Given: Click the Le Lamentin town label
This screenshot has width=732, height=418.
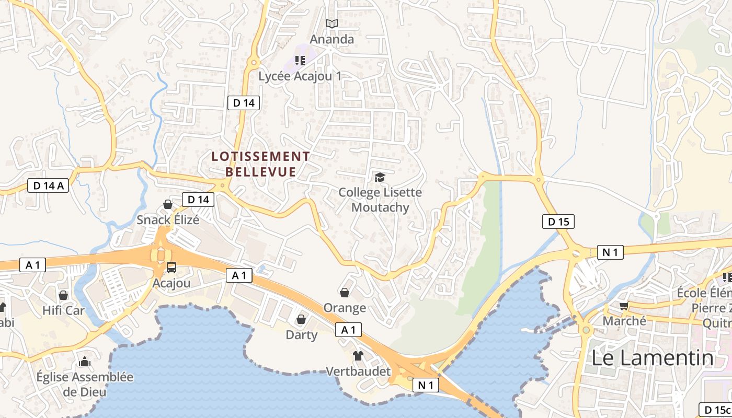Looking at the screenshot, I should click(x=652, y=358).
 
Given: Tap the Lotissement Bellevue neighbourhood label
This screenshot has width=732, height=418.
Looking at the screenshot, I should click(x=260, y=164).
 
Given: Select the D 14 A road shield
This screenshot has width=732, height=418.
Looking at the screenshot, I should click(x=48, y=185).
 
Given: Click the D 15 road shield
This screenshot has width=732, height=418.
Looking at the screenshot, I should click(x=558, y=222).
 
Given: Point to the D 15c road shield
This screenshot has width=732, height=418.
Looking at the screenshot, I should click(x=715, y=409).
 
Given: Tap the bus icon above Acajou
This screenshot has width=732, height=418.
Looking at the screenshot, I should click(x=171, y=268).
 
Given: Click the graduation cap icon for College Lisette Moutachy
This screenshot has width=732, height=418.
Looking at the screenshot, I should click(x=380, y=178).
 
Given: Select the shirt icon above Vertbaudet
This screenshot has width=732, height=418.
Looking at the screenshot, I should click(x=358, y=356).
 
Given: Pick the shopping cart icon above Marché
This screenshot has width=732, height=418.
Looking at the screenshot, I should click(x=624, y=306).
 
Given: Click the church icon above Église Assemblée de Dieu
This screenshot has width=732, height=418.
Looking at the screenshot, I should click(x=84, y=362).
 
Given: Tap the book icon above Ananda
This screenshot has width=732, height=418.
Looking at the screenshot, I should click(x=332, y=24).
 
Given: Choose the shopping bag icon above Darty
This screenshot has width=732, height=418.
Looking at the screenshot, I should click(x=301, y=319).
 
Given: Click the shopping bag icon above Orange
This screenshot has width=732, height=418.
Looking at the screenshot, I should click(x=345, y=293).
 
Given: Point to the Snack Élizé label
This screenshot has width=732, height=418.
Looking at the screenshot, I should click(x=168, y=219).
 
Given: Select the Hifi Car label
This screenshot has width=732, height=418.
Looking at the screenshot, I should click(x=63, y=311).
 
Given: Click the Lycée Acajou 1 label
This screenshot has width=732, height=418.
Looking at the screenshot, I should click(x=300, y=76).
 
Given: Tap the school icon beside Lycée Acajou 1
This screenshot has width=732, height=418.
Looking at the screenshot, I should click(x=300, y=61).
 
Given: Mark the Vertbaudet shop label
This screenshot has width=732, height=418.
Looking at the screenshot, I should click(x=358, y=371).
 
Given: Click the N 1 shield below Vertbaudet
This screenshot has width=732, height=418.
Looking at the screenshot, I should click(x=426, y=386).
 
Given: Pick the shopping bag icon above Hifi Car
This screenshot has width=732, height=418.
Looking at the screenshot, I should click(x=63, y=296).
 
